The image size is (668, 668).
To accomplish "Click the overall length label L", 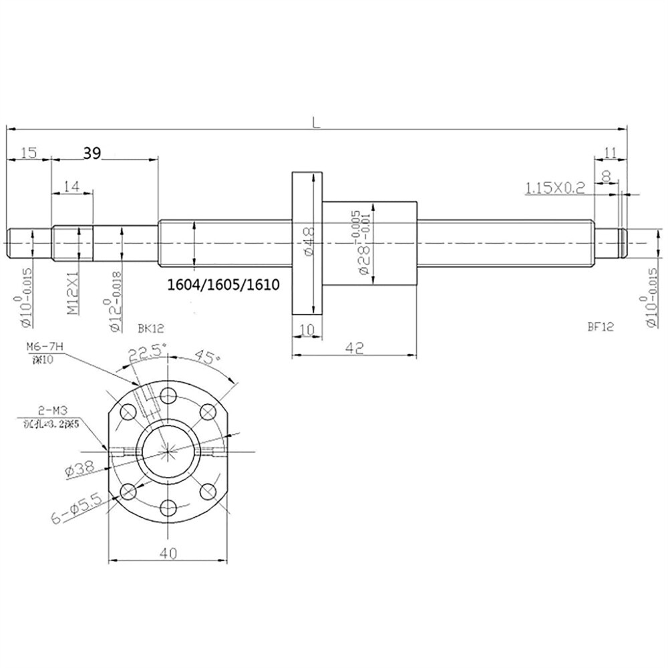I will tap(315, 122).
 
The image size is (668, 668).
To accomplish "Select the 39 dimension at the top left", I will tap(92, 154).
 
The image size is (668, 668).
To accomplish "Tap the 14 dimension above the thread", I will tap(72, 188).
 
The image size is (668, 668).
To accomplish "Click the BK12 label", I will tap(150, 328).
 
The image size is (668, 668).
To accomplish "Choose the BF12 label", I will tap(601, 327).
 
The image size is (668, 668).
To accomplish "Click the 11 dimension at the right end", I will tap(609, 153).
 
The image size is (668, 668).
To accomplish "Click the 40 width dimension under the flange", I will tap(168, 552).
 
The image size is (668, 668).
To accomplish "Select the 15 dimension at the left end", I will tap(28, 154).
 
